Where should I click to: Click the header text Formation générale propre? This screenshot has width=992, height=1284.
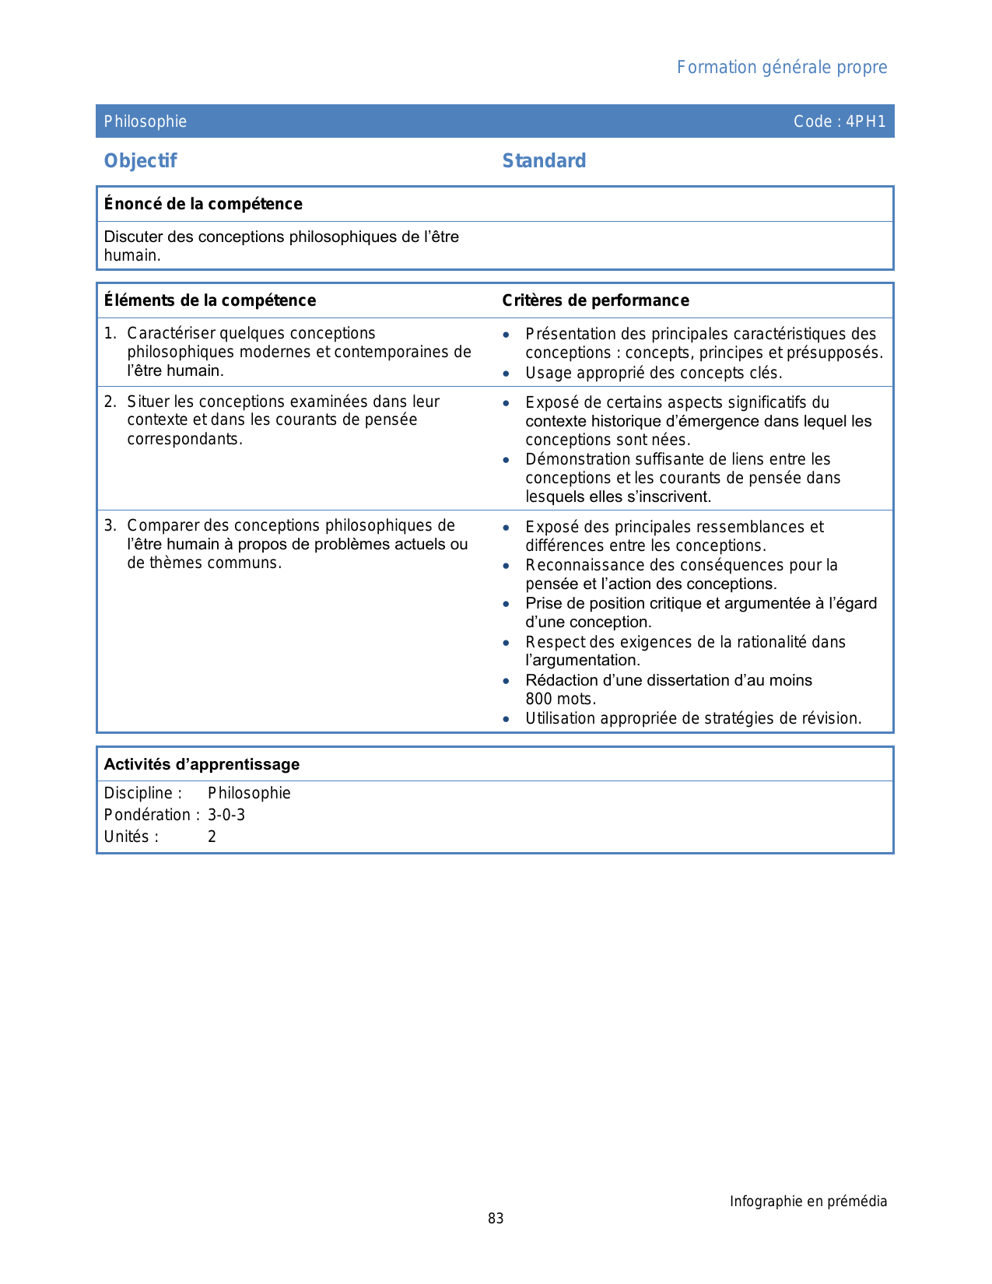pyautogui.click(x=781, y=68)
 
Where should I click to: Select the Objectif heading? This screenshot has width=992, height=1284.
pyautogui.click(x=140, y=161)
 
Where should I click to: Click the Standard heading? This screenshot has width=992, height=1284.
pyautogui.click(x=544, y=161)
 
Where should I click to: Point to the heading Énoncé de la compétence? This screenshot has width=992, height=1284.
pyautogui.click(x=203, y=204)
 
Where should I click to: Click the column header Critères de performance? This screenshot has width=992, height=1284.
pyautogui.click(x=595, y=300)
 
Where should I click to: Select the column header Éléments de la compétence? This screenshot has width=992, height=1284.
pyautogui.click(x=210, y=300)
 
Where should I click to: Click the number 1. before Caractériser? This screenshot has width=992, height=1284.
pyautogui.click(x=110, y=333)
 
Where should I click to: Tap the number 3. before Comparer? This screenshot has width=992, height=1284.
pyautogui.click(x=110, y=525)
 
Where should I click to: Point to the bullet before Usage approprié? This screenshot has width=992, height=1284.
pyautogui.click(x=507, y=374)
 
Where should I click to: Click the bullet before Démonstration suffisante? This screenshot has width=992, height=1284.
pyautogui.click(x=507, y=460)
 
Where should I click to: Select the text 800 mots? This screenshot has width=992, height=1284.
pyautogui.click(x=560, y=699)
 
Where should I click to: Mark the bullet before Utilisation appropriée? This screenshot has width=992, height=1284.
pyautogui.click(x=507, y=719)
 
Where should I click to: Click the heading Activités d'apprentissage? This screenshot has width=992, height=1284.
pyautogui.click(x=202, y=764)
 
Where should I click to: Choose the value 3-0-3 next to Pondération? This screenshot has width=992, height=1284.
pyautogui.click(x=226, y=815)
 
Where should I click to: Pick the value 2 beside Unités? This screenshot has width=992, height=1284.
pyautogui.click(x=212, y=837)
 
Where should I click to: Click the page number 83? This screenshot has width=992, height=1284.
pyautogui.click(x=496, y=1219)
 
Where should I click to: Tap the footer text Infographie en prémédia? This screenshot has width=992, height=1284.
pyautogui.click(x=808, y=1202)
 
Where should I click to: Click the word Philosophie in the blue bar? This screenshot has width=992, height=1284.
pyautogui.click(x=145, y=121)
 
